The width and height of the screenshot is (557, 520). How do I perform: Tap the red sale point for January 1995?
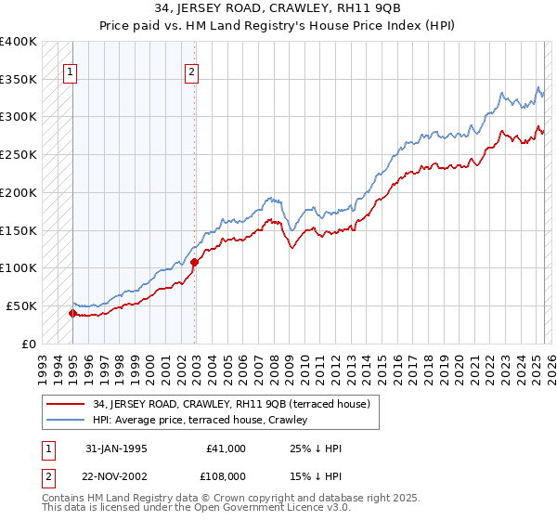(x=72, y=313)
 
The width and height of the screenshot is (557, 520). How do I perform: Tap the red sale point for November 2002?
(x=194, y=262)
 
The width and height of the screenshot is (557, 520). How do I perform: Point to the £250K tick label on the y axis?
(x=19, y=154)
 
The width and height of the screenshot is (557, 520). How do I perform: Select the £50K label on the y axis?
(x=21, y=305)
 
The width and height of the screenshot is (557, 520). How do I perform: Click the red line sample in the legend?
(x=67, y=404)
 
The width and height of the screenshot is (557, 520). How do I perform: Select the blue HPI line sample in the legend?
(x=67, y=421)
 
